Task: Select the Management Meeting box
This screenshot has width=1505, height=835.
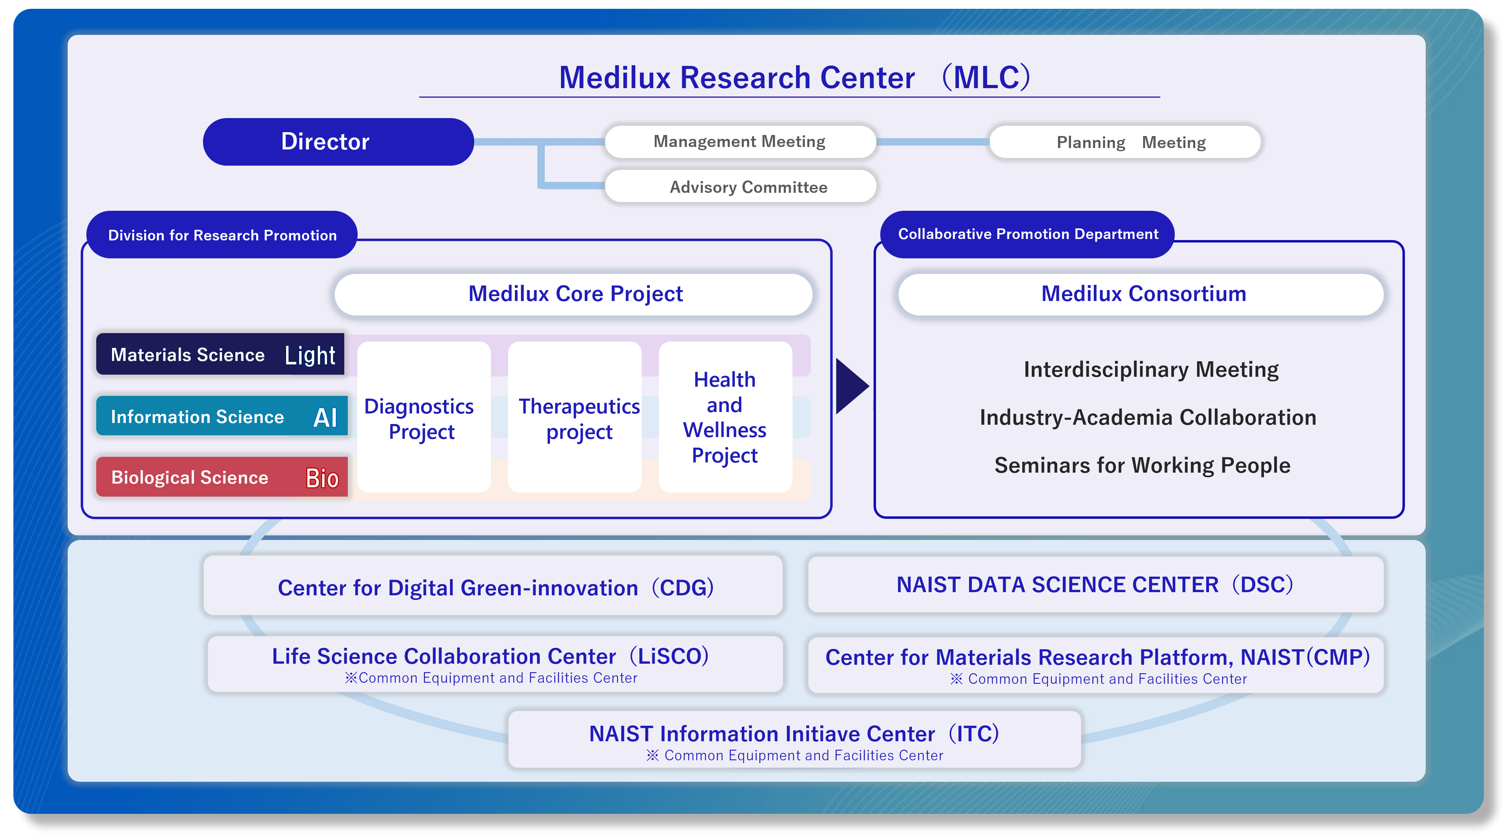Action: click(740, 142)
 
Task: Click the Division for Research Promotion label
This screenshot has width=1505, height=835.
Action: click(222, 235)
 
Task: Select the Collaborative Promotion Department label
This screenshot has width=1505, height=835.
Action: click(1027, 234)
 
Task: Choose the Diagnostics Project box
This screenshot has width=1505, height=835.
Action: click(423, 418)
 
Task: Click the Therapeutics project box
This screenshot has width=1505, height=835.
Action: click(575, 418)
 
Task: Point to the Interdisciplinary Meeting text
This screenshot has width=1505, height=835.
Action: click(1151, 370)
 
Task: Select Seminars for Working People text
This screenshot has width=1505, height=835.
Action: click(1142, 466)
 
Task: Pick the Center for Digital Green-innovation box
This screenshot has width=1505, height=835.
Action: click(494, 587)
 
